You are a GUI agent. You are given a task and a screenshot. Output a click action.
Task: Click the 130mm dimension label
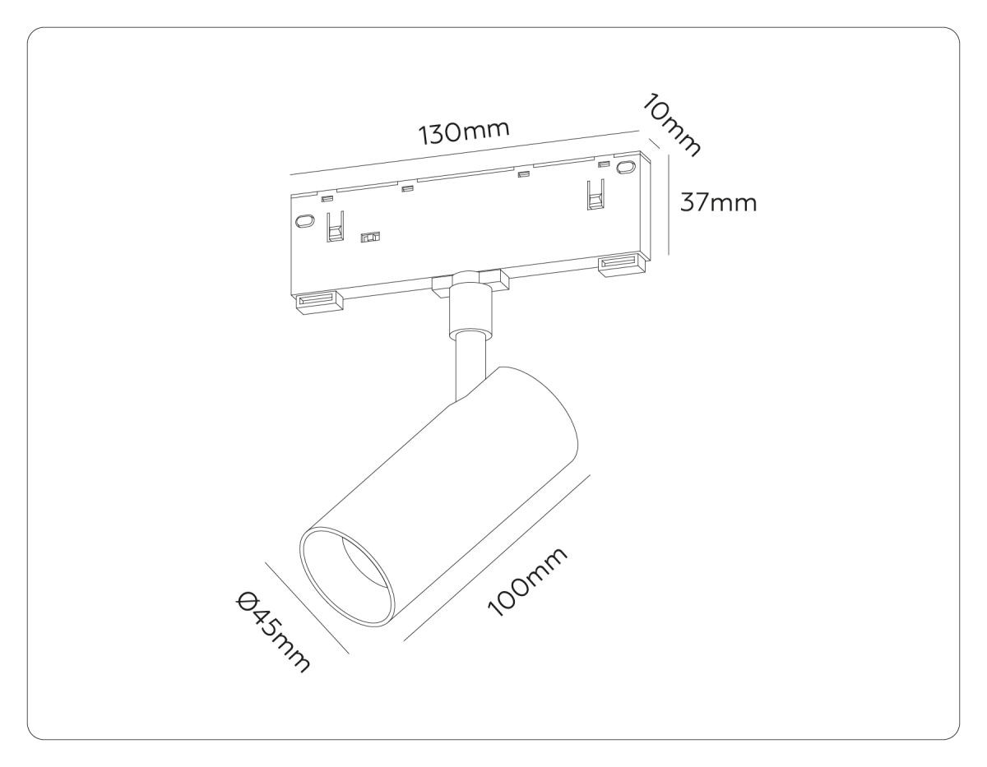tap(463, 132)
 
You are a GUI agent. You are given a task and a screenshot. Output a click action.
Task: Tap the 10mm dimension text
tap(671, 132)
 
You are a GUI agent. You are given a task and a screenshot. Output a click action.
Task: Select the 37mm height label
tap(718, 202)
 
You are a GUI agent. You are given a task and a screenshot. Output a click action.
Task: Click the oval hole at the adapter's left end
tap(304, 220)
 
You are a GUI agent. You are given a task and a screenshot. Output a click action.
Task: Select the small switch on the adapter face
tap(370, 237)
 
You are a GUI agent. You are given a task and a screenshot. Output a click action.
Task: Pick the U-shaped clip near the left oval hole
tap(336, 226)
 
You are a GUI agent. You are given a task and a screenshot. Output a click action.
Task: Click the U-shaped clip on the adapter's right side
tap(596, 195)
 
